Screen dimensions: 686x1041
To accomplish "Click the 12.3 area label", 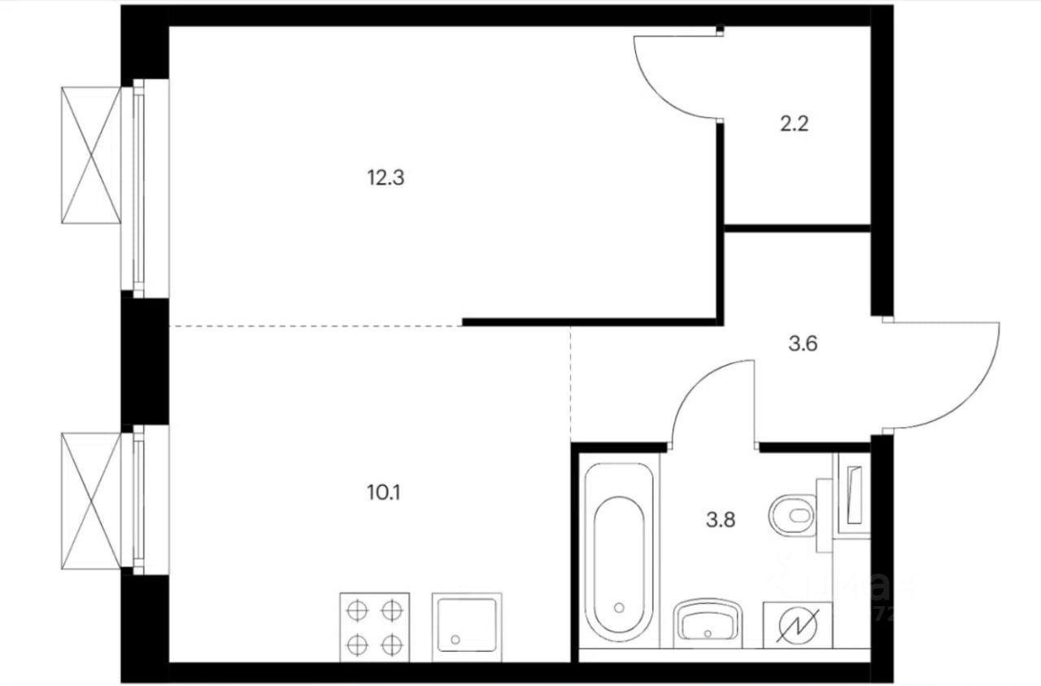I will pos(385,177).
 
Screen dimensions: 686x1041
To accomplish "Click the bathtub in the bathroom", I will pos(618,553).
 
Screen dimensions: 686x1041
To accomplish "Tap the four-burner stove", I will pos(374,625).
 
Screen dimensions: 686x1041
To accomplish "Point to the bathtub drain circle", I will pos(619,607).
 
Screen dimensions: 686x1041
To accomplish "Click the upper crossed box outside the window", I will pos(90,155).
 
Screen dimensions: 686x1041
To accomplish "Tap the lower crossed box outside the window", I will pos(90,500).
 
